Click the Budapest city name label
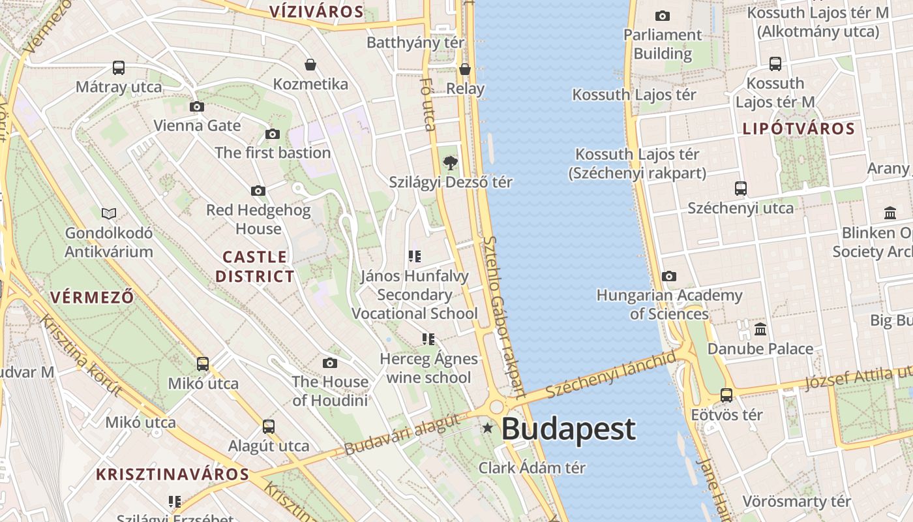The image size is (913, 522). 568,429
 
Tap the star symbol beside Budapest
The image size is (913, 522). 487,429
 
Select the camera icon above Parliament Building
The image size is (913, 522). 663,16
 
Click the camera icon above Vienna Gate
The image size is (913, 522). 197,106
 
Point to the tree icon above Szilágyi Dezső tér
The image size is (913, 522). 450,163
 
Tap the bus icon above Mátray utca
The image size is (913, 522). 119,67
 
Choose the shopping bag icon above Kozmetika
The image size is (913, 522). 310,65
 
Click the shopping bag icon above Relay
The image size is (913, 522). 465,69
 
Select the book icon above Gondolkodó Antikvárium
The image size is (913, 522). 109,213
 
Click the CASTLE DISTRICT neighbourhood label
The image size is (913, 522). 255,266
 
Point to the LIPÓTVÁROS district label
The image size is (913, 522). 798,129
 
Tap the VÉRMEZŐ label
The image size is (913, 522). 92,297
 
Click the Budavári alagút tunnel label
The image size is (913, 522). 402,435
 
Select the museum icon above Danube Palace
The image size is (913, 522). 760,329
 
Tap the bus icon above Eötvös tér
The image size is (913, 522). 726,395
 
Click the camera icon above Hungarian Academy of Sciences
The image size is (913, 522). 669,276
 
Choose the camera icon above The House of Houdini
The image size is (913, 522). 330,363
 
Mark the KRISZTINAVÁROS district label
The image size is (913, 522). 172,474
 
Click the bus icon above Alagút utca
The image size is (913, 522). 269,427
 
